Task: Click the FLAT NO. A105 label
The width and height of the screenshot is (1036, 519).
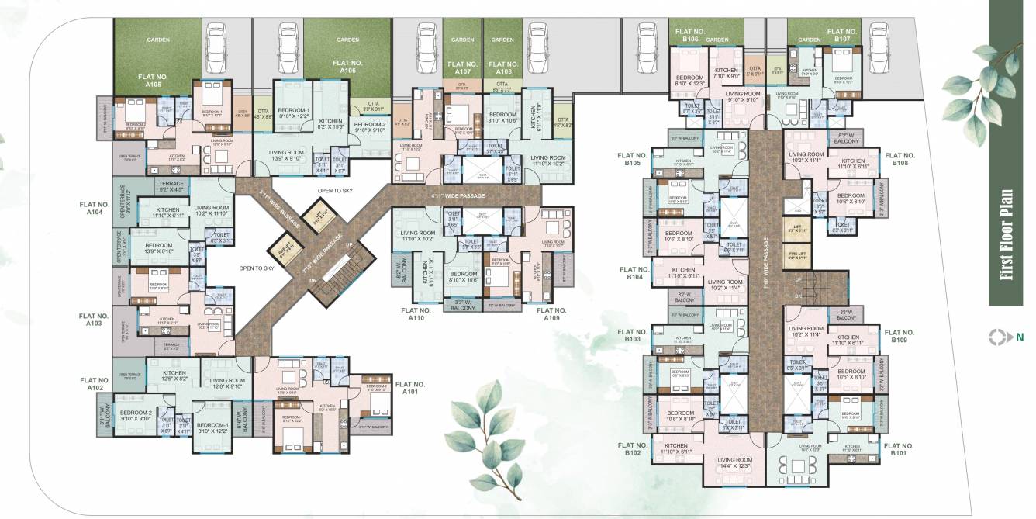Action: click(150, 81)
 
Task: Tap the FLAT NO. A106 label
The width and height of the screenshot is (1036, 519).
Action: click(347, 66)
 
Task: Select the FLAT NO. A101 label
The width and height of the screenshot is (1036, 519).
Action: click(410, 388)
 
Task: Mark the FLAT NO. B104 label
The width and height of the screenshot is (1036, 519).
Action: click(634, 273)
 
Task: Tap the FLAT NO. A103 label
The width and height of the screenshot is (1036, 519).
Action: click(98, 320)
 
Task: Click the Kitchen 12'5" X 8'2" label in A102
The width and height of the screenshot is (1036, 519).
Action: click(174, 376)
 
